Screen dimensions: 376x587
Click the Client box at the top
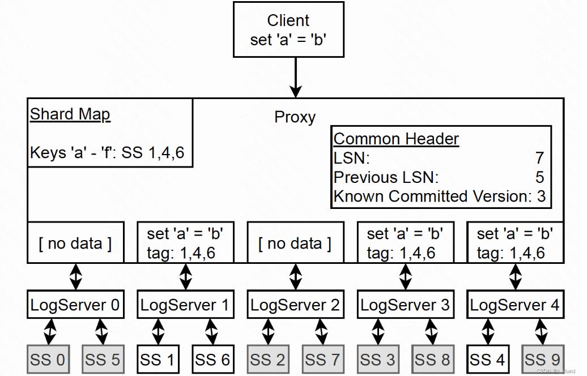coord(288,29)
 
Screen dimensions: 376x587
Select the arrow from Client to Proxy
coord(295,77)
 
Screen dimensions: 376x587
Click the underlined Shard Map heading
coord(70,114)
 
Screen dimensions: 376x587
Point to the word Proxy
coord(295,117)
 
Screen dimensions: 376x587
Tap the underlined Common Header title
coord(396,139)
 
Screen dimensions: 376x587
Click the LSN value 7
coord(539,158)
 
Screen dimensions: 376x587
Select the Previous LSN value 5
coord(539,177)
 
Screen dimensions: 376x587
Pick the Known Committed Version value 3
coord(542,196)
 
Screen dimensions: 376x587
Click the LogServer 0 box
coord(75,306)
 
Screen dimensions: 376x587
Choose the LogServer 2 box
coord(295,306)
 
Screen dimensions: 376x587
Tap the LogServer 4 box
coord(514,306)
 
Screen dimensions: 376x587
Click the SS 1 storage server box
coord(158,359)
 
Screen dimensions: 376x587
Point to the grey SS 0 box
coord(48,359)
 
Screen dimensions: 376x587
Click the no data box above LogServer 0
coord(75,243)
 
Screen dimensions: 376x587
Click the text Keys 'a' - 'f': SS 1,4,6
coord(107,153)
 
